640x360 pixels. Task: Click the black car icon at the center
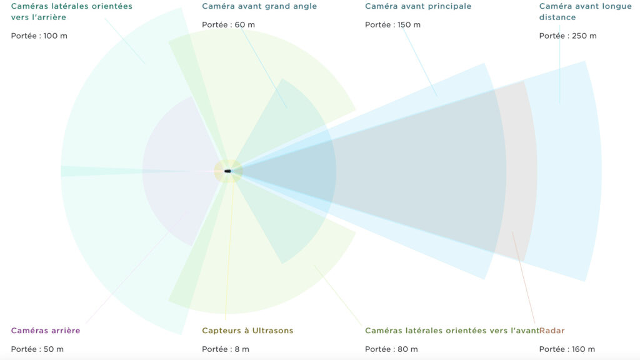point(227,171)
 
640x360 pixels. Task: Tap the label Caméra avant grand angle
point(259,6)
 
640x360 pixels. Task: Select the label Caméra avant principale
point(418,6)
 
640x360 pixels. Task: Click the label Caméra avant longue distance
point(585,11)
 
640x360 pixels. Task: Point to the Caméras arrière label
point(46,331)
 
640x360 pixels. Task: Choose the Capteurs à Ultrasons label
point(247,331)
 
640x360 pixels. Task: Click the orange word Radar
point(552,331)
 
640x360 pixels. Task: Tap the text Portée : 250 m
point(567,36)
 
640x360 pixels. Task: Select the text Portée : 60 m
point(228,25)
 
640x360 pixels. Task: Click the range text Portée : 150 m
point(392,25)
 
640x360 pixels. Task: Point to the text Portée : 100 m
point(39,36)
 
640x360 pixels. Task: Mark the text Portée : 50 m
point(37,349)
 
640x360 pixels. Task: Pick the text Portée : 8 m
point(225,349)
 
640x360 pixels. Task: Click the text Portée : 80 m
point(391,349)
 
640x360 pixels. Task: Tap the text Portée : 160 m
point(567,349)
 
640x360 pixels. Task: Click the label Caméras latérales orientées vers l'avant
point(452,331)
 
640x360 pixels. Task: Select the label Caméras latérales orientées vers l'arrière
point(72,11)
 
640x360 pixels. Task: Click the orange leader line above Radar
point(523,277)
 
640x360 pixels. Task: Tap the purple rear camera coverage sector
point(179,171)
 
